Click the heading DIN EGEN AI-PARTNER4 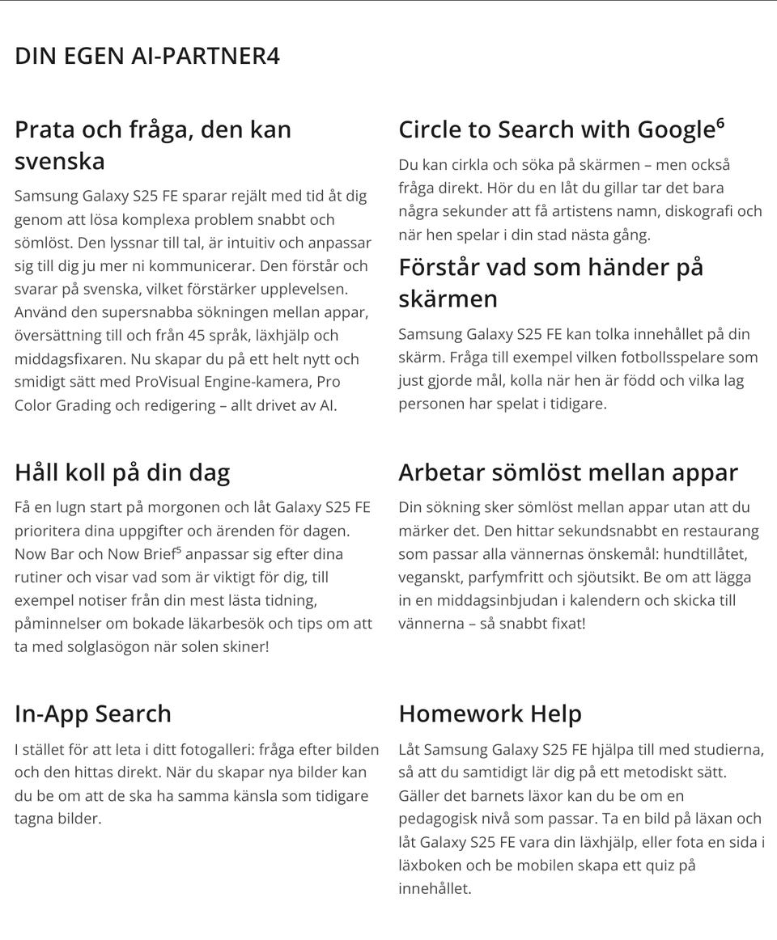147,57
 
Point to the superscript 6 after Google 720,124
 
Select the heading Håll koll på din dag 122,472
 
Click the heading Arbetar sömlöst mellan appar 568,472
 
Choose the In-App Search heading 93,713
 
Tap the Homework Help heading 490,713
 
